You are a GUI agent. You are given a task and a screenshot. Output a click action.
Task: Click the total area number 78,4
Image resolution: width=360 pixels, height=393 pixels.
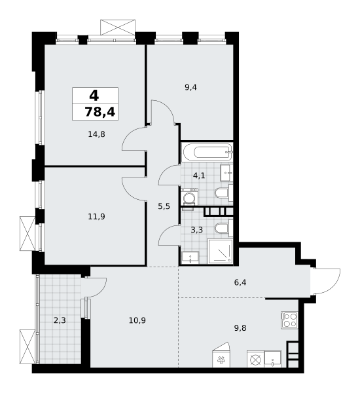click(99, 112)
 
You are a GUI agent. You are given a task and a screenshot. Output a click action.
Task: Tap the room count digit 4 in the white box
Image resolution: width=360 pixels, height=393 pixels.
click(94, 95)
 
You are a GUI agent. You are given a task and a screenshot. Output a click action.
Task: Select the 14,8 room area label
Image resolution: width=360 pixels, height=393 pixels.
click(96, 134)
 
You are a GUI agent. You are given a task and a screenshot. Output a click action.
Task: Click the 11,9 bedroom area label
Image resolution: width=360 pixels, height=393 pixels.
click(96, 215)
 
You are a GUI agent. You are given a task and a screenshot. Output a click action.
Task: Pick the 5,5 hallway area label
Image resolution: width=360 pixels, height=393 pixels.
click(164, 206)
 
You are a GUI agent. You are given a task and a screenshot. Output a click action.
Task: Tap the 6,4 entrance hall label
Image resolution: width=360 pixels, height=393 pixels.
click(241, 282)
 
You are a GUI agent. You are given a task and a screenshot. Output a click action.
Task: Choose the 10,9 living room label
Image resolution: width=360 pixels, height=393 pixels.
click(137, 320)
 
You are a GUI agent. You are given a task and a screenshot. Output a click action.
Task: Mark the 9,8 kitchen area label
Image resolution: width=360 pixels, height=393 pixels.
click(240, 321)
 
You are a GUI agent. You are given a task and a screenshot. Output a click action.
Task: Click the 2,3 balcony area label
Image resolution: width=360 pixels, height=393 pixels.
click(60, 320)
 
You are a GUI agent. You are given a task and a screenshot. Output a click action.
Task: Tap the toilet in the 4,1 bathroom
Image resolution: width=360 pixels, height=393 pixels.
click(222, 193)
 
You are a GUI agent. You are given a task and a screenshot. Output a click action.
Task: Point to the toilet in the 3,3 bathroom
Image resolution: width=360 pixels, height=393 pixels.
click(222, 228)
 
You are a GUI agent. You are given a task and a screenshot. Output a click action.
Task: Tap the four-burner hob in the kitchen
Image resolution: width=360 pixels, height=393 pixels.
click(289, 319)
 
